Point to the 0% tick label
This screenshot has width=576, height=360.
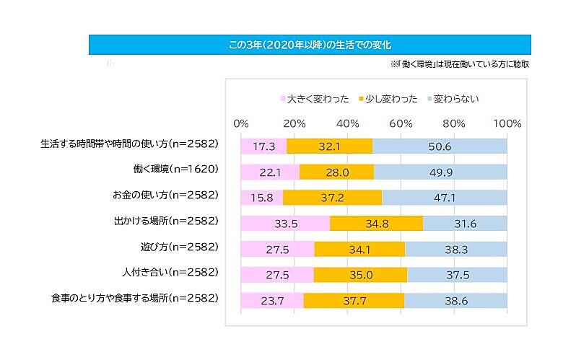click(x=242, y=123)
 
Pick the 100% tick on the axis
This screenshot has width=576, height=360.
click(x=506, y=123)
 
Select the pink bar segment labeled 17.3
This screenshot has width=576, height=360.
click(x=264, y=146)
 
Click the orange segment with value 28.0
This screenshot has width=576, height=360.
click(x=337, y=171)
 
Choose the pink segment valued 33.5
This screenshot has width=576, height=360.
click(x=286, y=223)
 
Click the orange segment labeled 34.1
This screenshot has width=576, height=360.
click(x=360, y=249)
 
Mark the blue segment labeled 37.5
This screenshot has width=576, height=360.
click(x=457, y=274)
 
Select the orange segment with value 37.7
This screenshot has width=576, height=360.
click(x=354, y=300)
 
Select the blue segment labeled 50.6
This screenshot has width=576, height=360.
click(x=440, y=146)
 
